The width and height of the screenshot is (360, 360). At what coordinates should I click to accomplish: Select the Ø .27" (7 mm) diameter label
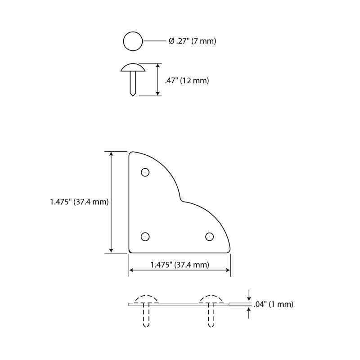(193, 41)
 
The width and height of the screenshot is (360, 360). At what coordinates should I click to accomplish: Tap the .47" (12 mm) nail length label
(187, 81)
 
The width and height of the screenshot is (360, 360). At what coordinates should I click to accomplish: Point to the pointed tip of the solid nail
(133, 95)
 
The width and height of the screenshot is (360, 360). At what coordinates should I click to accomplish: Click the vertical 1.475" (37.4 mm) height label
(79, 202)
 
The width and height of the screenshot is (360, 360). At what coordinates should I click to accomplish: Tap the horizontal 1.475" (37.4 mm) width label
(180, 265)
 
